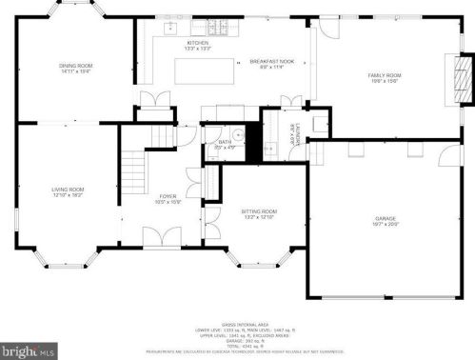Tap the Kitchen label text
tap(197, 45)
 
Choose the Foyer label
tap(167, 199)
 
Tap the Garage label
tap(386, 221)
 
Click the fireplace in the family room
tap(460, 79)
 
